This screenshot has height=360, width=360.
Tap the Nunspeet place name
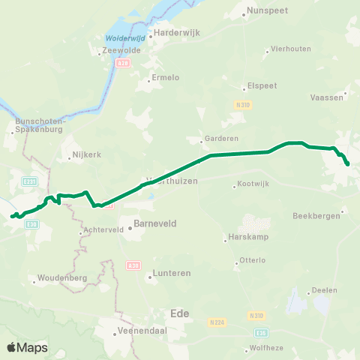click(x=266, y=11)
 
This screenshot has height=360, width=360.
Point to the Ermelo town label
click(x=165, y=78)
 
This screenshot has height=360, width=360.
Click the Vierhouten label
click(x=289, y=49)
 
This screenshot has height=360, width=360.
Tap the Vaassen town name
click(x=327, y=97)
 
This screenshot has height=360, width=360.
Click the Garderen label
click(x=217, y=139)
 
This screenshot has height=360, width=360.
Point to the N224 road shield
click(x=217, y=322)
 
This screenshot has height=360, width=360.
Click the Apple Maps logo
click(x=27, y=347)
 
